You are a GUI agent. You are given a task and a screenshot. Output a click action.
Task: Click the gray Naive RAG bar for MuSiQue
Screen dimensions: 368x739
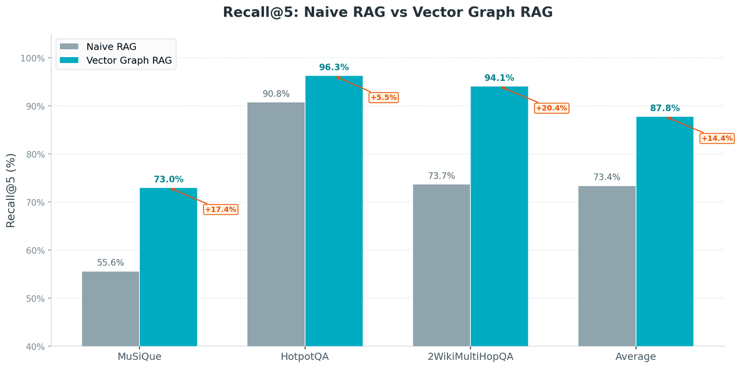tap(110, 308)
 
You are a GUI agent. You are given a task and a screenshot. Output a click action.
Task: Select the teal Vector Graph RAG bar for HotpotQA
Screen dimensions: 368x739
tap(334, 211)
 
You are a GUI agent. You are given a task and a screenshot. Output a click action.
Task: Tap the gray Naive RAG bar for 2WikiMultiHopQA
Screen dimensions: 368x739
tap(441, 265)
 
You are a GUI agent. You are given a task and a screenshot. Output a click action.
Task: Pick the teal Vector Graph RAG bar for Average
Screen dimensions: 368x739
tap(665, 231)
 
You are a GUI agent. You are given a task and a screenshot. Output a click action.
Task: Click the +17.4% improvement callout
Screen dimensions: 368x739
tap(221, 209)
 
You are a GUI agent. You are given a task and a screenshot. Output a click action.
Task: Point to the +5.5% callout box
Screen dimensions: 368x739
tap(383, 97)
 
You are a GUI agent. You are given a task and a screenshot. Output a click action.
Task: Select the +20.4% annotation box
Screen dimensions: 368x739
tap(552, 108)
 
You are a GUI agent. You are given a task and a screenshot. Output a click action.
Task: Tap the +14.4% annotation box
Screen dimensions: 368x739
tap(717, 138)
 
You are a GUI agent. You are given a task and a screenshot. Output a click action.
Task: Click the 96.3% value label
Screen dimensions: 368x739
tap(334, 68)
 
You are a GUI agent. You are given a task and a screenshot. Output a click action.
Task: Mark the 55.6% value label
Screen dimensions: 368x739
tap(110, 263)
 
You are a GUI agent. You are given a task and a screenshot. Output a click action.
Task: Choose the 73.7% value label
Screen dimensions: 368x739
tap(441, 176)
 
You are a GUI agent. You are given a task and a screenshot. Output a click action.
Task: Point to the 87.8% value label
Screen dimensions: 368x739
tap(665, 108)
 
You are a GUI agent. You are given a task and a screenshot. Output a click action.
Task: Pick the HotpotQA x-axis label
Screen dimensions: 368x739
tap(305, 356)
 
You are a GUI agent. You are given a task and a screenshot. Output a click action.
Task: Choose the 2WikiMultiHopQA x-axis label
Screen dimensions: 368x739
tap(470, 356)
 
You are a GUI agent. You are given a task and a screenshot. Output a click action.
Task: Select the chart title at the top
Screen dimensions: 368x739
tap(387, 12)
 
